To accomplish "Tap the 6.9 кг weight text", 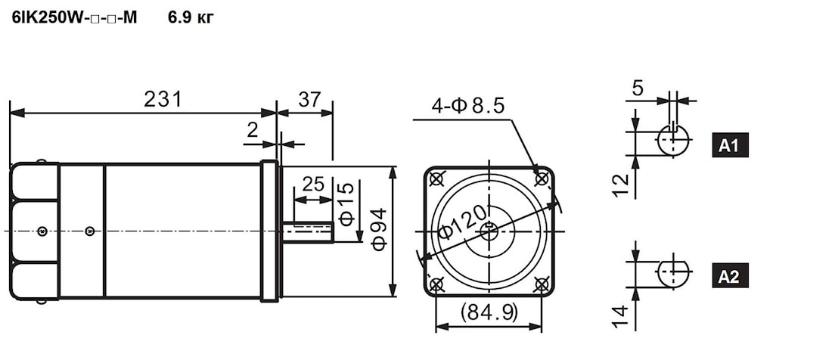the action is [x=191, y=18].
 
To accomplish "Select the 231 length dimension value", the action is [x=163, y=99].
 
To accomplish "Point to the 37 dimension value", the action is [x=309, y=99].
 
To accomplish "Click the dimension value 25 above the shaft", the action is [x=312, y=184].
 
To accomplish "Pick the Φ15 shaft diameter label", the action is [x=346, y=204].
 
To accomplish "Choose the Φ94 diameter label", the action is [x=380, y=229].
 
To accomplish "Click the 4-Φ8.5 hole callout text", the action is [x=467, y=106].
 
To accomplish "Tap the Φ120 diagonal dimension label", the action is [x=462, y=222].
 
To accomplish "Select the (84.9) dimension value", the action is [x=489, y=313].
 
